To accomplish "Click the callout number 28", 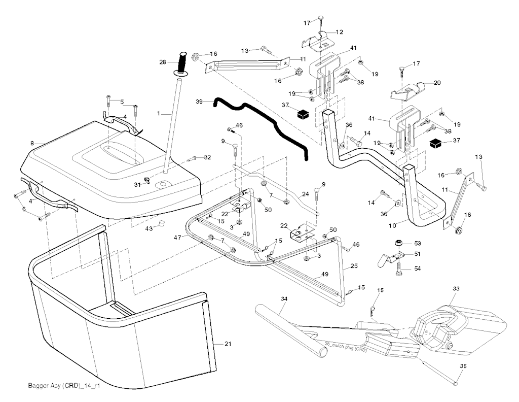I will pos(163,62).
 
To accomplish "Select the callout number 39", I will pos(200,102).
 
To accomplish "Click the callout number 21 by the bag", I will pos(228,344).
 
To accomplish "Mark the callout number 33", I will pos(456,289).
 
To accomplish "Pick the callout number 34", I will pos(284,299).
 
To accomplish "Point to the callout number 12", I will pos(339,31).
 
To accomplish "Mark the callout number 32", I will pos(207,158).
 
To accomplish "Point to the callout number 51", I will pos(418,254).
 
